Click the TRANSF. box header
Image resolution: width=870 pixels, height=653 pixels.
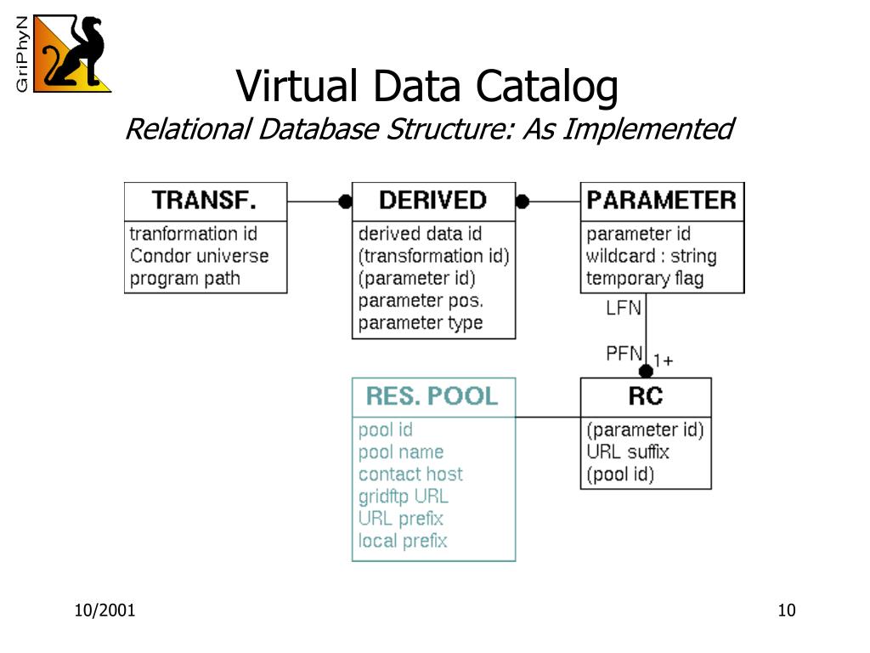(x=205, y=201)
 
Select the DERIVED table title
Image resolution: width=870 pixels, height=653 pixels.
(x=432, y=201)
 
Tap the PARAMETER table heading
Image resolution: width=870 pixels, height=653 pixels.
(x=661, y=201)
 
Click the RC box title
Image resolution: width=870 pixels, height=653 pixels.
(x=645, y=396)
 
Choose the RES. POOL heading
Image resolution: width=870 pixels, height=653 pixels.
(x=432, y=396)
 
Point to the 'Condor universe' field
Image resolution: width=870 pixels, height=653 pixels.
(x=199, y=256)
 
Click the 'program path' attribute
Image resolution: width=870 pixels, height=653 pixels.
(x=184, y=278)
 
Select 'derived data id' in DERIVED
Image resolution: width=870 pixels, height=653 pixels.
(x=420, y=234)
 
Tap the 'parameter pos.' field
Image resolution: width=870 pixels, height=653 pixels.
(x=421, y=300)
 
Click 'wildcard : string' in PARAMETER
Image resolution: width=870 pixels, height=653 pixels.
(x=651, y=256)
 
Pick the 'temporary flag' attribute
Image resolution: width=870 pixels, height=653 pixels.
(x=644, y=278)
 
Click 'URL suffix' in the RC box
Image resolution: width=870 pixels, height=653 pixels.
(x=628, y=452)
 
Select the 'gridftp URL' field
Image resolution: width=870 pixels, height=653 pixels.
(x=403, y=497)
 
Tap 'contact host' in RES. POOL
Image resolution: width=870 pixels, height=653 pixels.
(x=410, y=474)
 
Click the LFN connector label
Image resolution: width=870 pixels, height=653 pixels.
(x=624, y=308)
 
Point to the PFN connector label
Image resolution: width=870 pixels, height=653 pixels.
(x=624, y=353)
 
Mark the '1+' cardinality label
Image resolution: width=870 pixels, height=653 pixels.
(x=664, y=361)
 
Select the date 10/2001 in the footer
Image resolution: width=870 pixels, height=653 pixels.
(x=105, y=610)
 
